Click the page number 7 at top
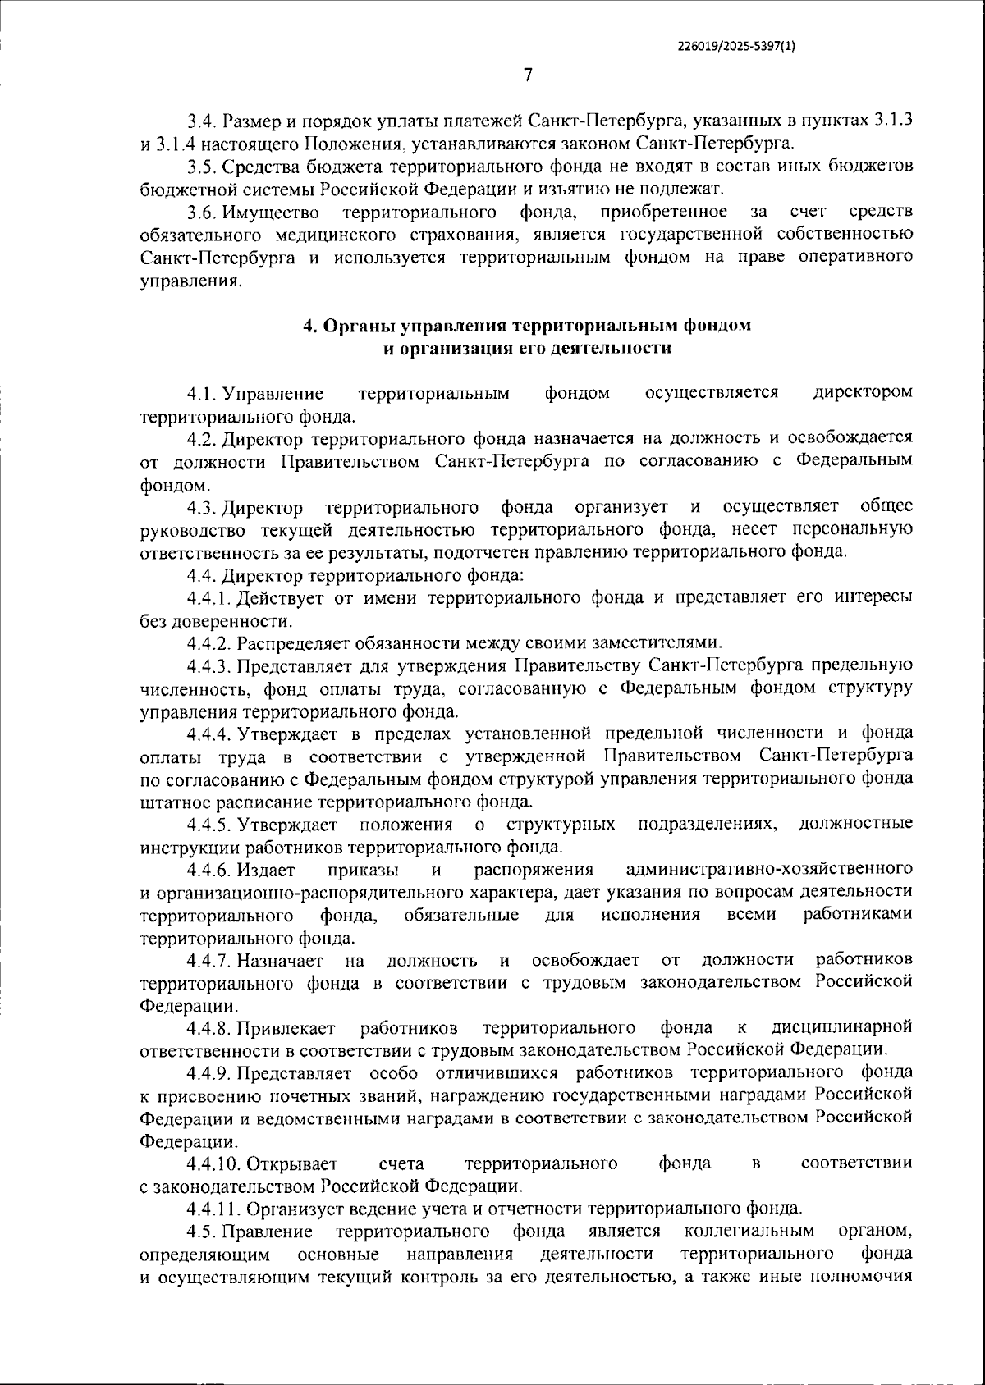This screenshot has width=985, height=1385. [x=528, y=75]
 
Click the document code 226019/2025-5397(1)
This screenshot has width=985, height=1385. [x=736, y=47]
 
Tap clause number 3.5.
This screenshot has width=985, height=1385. [x=200, y=167]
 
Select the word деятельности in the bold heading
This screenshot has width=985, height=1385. [x=616, y=349]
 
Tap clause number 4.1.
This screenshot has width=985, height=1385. [x=200, y=394]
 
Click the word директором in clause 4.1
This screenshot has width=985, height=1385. [x=863, y=393]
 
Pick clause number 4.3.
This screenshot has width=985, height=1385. [x=200, y=507]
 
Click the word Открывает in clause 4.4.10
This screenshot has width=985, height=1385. [x=291, y=1163]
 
